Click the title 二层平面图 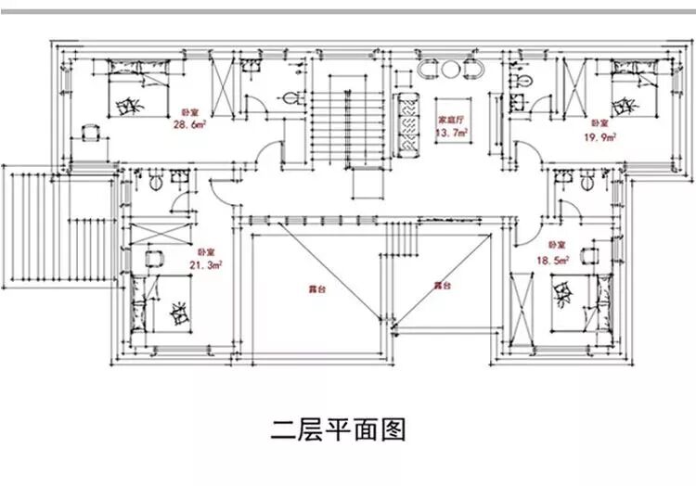[x=339, y=430]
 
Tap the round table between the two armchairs [x=449, y=70]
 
